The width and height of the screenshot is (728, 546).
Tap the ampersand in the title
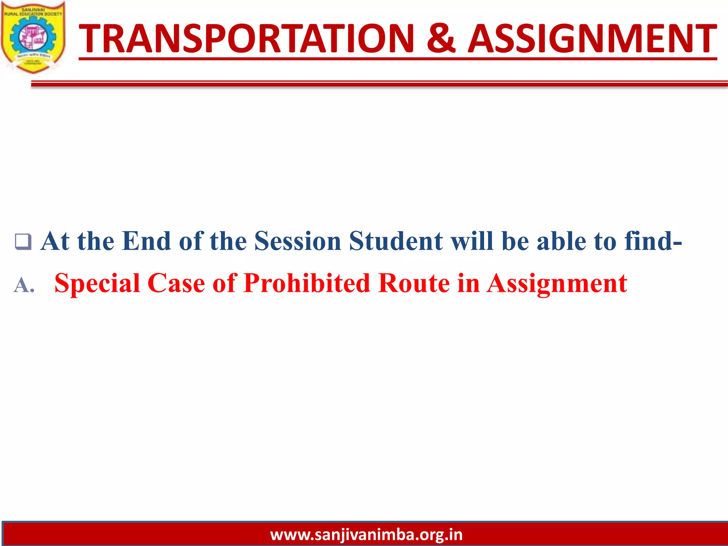[440, 38]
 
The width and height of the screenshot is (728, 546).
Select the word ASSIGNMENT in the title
[592, 38]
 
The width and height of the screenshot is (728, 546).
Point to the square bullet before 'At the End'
[23, 242]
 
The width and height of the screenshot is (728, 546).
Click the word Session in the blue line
[298, 241]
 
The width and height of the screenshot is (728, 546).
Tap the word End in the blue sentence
[146, 241]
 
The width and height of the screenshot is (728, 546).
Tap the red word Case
[176, 284]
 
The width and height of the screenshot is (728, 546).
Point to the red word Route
[414, 284]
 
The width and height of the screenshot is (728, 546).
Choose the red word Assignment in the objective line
[557, 284]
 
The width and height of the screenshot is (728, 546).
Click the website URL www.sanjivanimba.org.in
[366, 535]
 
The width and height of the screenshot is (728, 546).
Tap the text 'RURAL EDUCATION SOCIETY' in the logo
[33, 14]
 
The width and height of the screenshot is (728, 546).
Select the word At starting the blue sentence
[55, 241]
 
